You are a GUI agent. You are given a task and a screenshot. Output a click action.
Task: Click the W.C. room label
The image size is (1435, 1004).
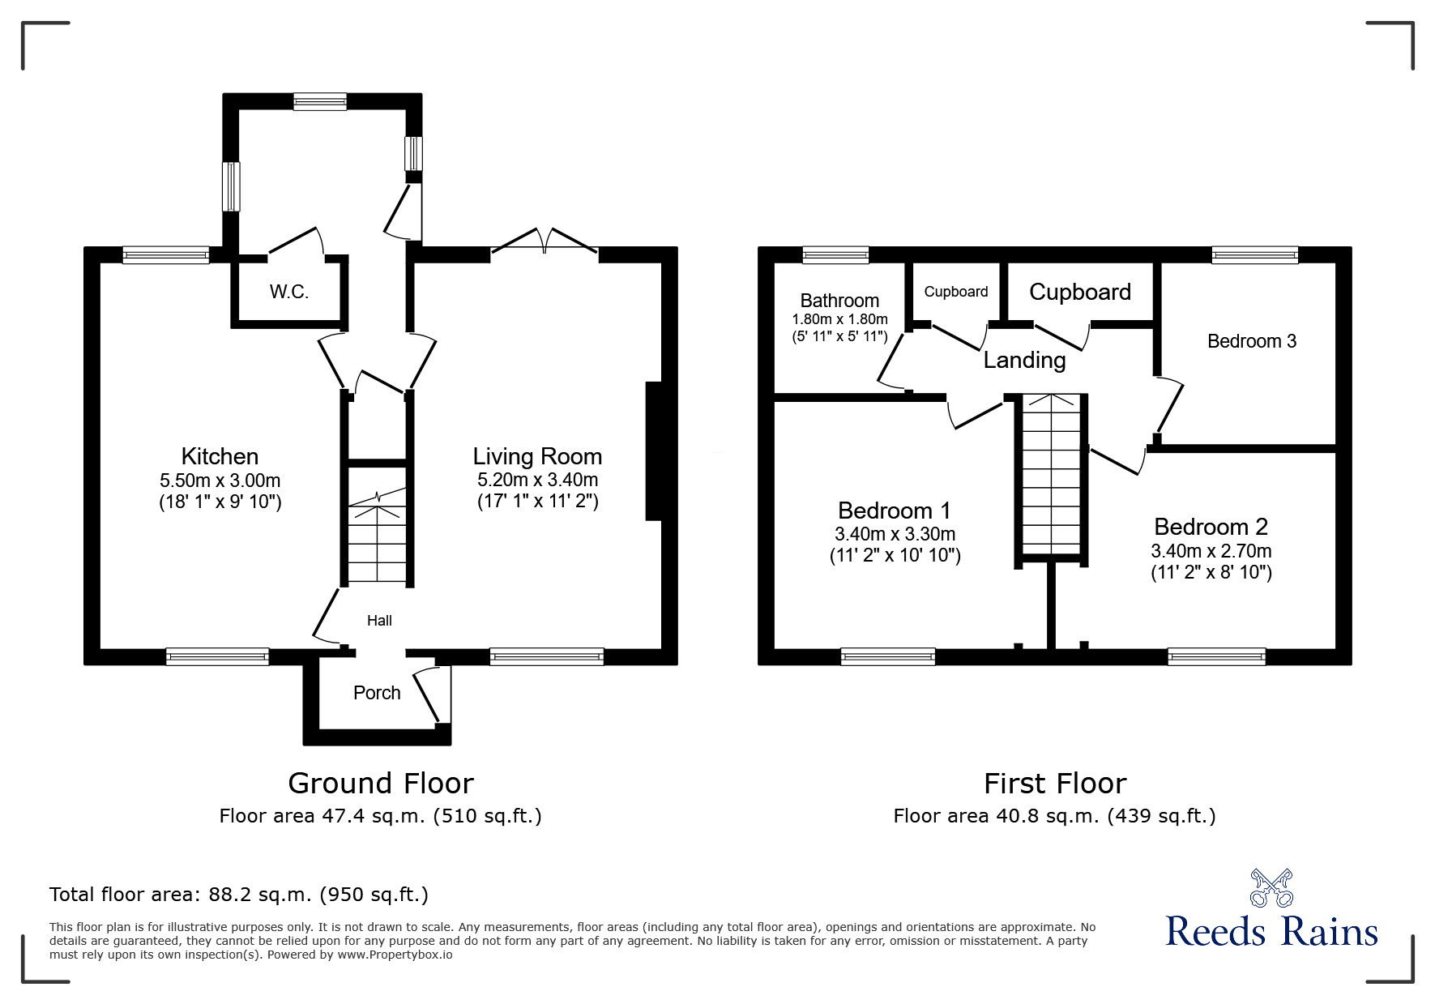tap(289, 292)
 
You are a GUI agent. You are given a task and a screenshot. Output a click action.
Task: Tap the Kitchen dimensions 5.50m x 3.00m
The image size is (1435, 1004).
tap(220, 481)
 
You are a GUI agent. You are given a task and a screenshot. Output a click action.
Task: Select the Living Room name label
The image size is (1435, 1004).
tap(537, 456)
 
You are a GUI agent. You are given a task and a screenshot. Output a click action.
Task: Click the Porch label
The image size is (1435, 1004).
tap(377, 693)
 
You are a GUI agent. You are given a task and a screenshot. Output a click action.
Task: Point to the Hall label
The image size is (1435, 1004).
tap(379, 621)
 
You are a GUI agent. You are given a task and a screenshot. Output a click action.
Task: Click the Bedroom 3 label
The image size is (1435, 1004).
tap(1251, 341)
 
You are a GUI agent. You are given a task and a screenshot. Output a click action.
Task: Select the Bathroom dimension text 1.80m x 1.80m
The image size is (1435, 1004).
tap(839, 319)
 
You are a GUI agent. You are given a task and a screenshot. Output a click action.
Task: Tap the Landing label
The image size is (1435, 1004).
tap(1024, 360)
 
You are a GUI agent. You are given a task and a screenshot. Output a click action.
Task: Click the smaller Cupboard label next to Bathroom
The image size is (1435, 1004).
tap(955, 292)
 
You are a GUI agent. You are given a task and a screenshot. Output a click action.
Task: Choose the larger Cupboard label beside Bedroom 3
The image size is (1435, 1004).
tap(1079, 292)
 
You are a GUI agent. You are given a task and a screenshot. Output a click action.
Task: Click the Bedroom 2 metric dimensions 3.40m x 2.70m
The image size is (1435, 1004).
tap(1211, 551)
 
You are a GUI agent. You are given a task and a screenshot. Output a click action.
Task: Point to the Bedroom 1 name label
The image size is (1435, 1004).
tap(894, 511)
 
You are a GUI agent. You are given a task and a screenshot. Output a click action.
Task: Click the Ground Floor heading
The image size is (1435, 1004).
tap(380, 783)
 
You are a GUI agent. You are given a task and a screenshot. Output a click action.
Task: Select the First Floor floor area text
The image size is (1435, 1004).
tap(1054, 816)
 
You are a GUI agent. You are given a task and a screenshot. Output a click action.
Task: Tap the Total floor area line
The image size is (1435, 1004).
tap(239, 895)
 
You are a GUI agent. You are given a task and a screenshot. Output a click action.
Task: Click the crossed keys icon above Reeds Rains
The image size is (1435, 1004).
tap(1271, 887)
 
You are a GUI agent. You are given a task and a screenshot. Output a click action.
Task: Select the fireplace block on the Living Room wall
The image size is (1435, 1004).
tap(653, 451)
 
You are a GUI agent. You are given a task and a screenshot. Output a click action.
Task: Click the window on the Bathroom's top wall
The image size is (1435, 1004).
tap(835, 255)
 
